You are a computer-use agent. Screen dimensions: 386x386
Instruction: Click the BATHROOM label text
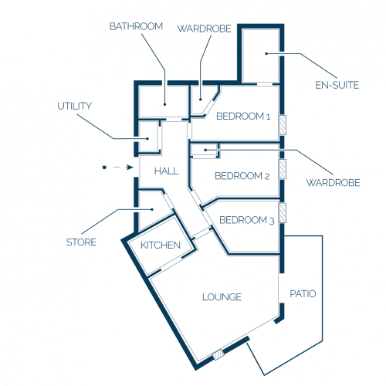click(136, 26)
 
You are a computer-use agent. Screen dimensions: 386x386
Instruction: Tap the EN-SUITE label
click(337, 85)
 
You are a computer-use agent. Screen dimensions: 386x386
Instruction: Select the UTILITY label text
click(74, 106)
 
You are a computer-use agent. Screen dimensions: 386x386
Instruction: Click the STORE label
click(81, 242)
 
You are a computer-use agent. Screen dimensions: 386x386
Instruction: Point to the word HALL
click(167, 171)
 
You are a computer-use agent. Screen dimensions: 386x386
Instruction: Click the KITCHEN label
click(161, 245)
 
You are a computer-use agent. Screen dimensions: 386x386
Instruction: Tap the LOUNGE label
click(222, 297)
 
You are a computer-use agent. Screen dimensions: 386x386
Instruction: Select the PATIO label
click(303, 293)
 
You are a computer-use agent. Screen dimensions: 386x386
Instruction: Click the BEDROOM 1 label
click(243, 117)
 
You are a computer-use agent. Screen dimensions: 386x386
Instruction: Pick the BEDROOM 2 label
click(242, 176)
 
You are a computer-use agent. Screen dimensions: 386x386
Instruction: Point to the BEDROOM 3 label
click(247, 220)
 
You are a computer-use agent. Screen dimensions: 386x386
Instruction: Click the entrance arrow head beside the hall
click(130, 168)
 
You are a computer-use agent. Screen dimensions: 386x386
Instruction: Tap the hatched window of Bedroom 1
click(283, 125)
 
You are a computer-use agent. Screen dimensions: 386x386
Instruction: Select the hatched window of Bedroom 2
click(283, 169)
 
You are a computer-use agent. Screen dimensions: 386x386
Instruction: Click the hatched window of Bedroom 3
click(283, 213)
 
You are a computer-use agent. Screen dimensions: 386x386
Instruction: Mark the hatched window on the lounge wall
click(218, 355)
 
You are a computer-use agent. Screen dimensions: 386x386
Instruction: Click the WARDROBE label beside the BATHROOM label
click(205, 29)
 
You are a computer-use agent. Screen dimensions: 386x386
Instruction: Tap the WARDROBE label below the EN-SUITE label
click(334, 183)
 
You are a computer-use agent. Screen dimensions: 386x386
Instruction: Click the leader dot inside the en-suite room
click(267, 53)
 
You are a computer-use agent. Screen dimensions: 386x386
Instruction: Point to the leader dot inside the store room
click(152, 209)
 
